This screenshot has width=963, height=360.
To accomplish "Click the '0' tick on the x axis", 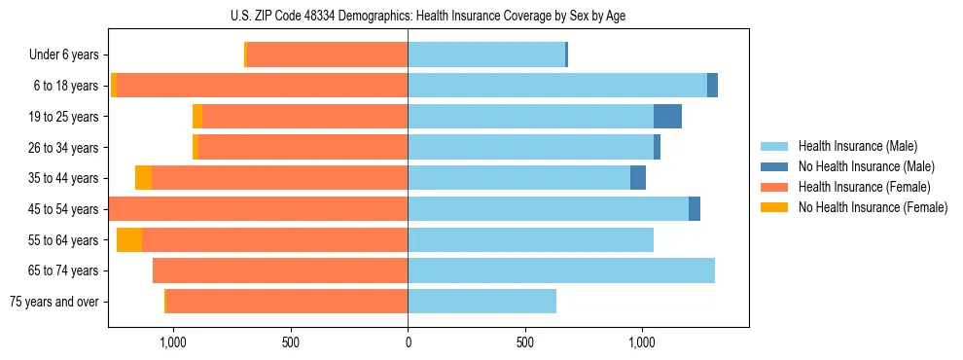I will tap(408, 343).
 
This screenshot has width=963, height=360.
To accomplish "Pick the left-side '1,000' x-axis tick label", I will tap(172, 343).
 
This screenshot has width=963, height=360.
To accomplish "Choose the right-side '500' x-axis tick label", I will tap(524, 343).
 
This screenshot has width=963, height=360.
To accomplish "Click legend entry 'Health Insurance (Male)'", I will tap(857, 146).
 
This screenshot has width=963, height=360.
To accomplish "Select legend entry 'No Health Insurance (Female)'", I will tap(873, 207).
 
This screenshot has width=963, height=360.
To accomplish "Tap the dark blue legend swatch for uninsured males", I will tap(774, 166).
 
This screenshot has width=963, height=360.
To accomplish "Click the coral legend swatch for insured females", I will tap(774, 187).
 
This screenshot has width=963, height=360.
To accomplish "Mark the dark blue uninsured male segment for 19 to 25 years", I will tap(667, 117).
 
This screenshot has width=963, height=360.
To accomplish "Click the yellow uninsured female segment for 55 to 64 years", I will tap(129, 240).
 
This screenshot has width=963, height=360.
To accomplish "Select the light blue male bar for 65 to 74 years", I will tap(561, 270).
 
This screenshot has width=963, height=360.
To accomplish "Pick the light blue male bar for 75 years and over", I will tap(481, 302).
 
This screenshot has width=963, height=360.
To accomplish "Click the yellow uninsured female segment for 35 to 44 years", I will tap(143, 178).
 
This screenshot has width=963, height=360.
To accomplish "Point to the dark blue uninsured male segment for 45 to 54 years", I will tap(695, 209).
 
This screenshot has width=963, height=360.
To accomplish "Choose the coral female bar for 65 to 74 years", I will tap(280, 270).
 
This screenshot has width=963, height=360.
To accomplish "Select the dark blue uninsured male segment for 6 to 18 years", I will tap(712, 86).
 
